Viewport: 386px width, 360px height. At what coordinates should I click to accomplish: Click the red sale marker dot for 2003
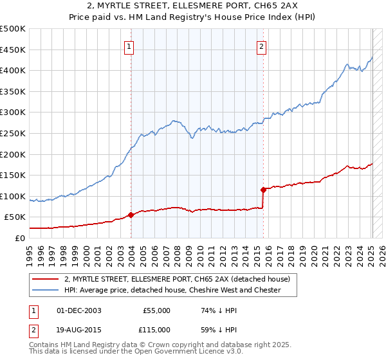[x=131, y=215]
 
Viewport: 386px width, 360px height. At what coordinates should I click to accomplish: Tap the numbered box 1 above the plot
[x=129, y=46]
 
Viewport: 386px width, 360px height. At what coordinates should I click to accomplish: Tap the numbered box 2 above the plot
[x=262, y=46]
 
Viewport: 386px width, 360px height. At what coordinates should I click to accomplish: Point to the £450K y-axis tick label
[x=13, y=50]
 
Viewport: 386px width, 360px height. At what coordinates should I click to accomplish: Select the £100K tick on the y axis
[x=13, y=196]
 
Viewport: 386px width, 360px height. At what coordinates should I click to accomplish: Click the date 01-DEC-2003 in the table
[x=79, y=310]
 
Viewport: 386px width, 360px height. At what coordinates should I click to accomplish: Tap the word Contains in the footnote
[x=46, y=345]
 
